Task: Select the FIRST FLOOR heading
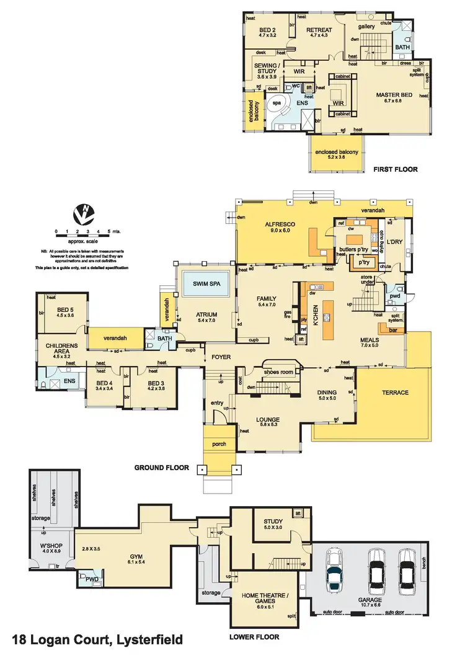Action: coord(396,169)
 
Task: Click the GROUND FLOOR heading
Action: coord(161,468)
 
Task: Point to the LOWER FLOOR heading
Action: coord(254,637)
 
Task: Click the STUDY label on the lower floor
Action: coord(273,522)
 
